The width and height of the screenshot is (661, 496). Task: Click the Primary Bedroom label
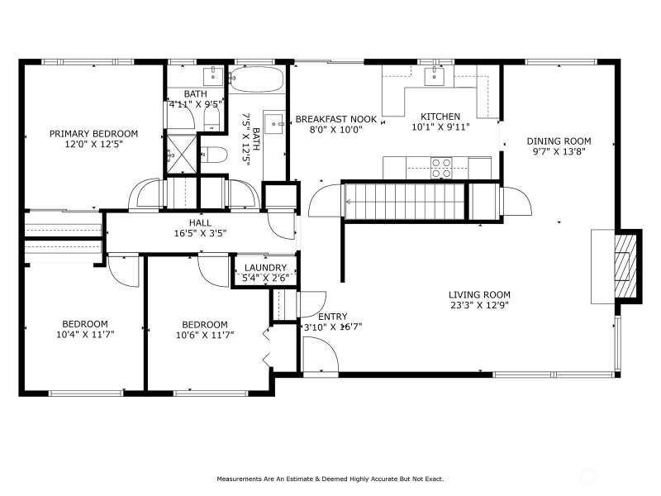point(93,134)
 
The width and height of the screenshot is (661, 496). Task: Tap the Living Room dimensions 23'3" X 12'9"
point(480,305)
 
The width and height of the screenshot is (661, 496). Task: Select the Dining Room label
point(559,141)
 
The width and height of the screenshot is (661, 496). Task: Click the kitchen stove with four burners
point(441,168)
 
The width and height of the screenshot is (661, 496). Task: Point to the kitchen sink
point(433,76)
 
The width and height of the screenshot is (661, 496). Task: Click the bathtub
point(257,79)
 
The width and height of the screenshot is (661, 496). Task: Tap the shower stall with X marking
point(182,154)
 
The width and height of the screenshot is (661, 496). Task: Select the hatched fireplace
point(625,266)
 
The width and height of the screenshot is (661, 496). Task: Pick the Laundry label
point(265,268)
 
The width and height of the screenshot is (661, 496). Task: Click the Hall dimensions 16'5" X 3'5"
point(200,233)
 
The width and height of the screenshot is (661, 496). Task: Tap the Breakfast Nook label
point(336,119)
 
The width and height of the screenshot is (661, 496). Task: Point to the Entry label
point(333,317)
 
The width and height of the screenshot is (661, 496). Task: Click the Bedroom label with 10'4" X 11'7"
point(85,324)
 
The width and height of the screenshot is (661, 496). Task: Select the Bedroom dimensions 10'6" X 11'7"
point(205,336)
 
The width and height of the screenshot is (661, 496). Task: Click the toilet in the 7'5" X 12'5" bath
point(214,155)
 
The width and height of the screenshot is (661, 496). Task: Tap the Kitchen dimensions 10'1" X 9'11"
point(440,127)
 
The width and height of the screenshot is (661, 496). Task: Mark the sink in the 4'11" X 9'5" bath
point(213,76)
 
